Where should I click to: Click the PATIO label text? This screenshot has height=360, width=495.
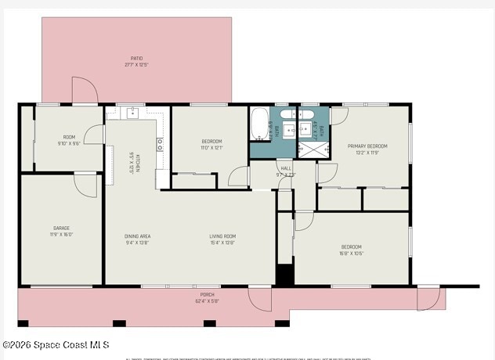tap(135, 58)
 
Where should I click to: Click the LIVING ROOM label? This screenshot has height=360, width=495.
tap(222, 236)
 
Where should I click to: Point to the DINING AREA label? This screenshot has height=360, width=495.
tap(137, 236)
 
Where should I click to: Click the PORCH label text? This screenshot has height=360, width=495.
tap(207, 294)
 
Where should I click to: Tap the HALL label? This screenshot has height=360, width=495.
tap(286, 167)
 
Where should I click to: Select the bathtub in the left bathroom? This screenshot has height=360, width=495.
tap(258, 123)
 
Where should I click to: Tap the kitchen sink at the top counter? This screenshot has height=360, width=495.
tap(132, 113)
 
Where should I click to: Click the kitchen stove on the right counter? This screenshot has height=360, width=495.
tap(160, 144)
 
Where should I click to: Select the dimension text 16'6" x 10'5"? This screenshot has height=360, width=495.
tap(351, 253)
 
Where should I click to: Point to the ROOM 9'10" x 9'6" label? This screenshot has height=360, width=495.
tap(69, 140)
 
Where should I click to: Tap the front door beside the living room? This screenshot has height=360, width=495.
tap(260, 297)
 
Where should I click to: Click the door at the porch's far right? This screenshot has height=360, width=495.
tap(428, 298)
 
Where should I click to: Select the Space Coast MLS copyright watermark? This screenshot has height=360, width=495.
tap(56, 344)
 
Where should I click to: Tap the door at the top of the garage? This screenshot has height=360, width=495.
tap(85, 183)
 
